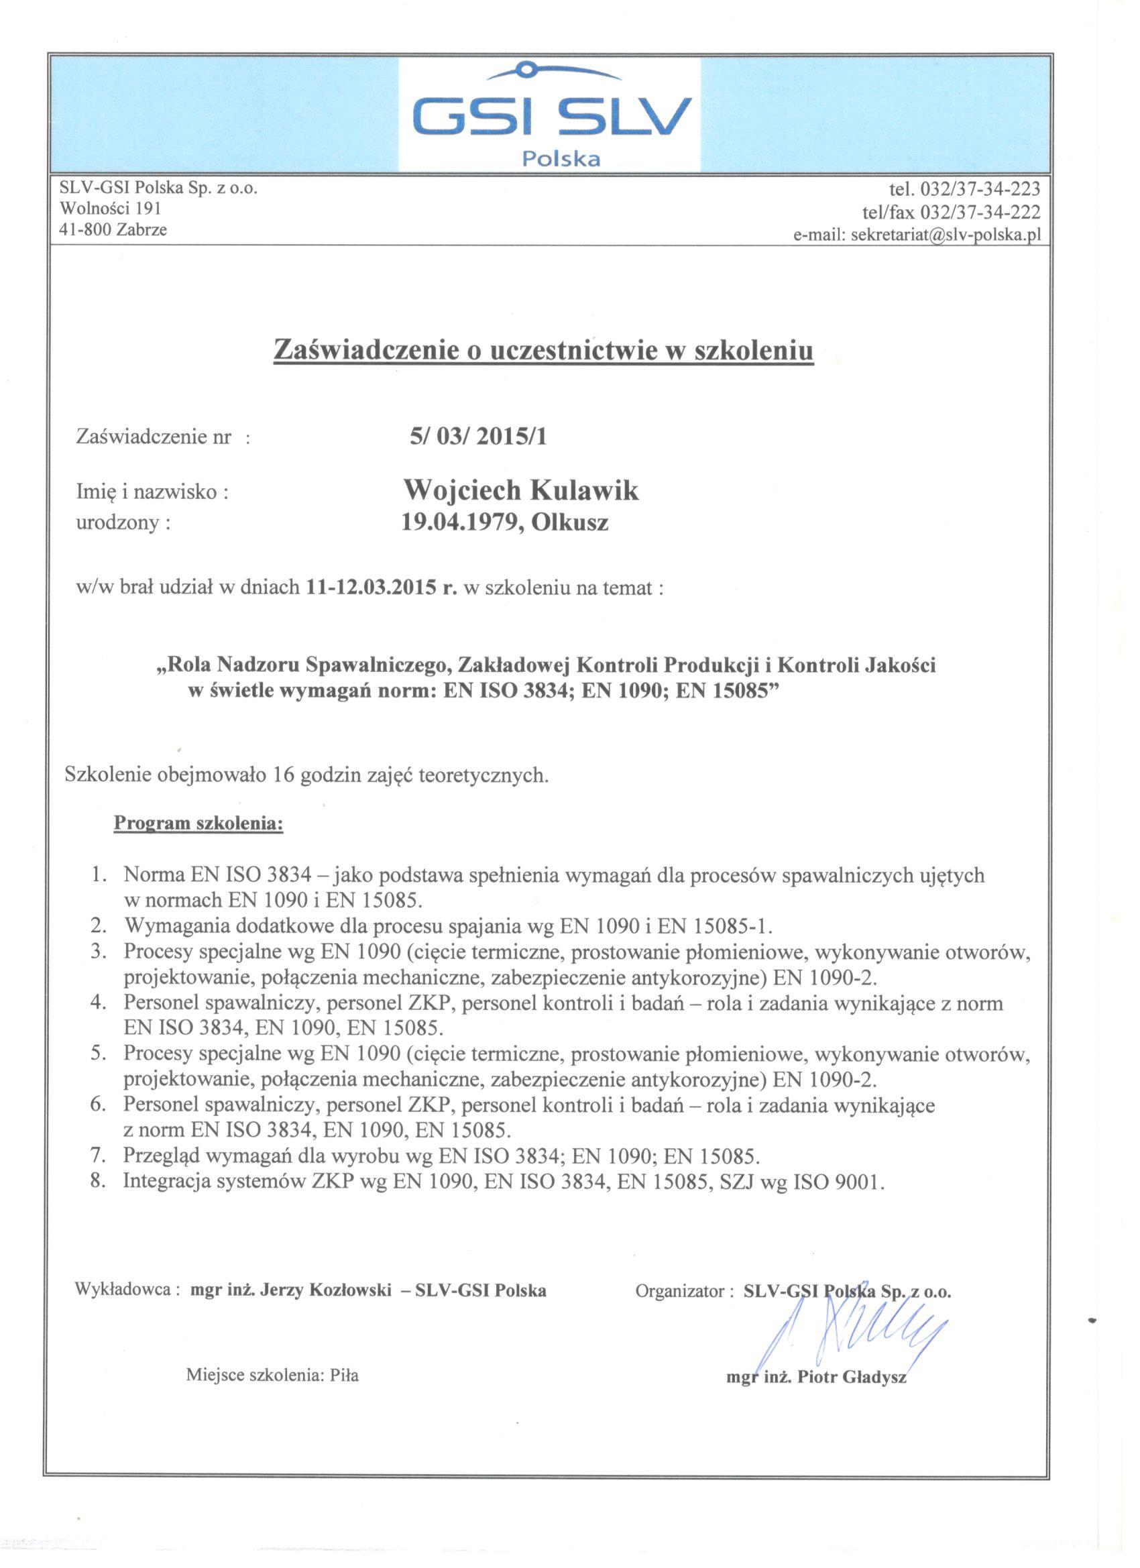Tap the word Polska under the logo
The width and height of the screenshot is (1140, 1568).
pyautogui.click(x=561, y=160)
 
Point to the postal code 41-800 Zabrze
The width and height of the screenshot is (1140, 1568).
pyautogui.click(x=114, y=229)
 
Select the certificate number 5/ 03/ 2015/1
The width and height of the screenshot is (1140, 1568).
pyautogui.click(x=477, y=436)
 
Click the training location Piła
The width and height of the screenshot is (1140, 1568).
pyautogui.click(x=344, y=1375)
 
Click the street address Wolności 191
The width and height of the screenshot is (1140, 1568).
pyautogui.click(x=111, y=208)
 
